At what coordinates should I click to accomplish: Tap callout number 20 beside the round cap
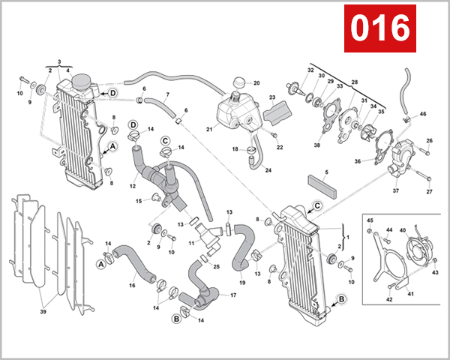click(x=256, y=82)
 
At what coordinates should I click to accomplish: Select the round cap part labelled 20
click(x=239, y=82)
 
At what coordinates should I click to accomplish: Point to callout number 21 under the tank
click(x=209, y=129)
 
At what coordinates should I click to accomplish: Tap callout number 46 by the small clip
click(x=423, y=114)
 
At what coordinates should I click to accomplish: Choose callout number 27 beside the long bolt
click(x=430, y=192)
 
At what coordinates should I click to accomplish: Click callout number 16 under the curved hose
click(x=132, y=286)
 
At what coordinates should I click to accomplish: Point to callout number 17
click(x=233, y=295)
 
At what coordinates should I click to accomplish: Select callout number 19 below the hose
click(x=242, y=282)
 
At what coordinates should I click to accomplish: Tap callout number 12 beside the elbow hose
click(x=132, y=186)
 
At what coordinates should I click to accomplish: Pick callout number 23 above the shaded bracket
click(x=272, y=97)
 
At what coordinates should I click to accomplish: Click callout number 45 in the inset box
click(x=370, y=220)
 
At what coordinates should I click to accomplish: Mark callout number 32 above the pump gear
click(x=310, y=70)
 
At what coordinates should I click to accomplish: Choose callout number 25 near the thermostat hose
click(x=216, y=266)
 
